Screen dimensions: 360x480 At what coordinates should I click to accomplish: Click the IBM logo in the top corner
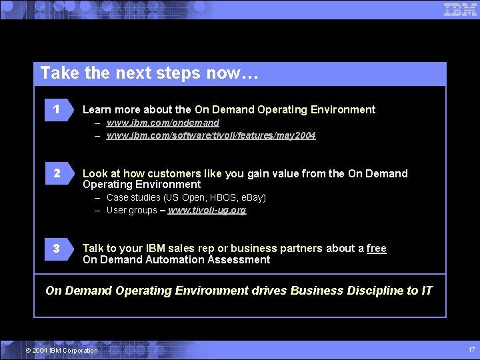pos(460,9)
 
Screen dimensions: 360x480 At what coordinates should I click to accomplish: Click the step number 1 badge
pos(57,109)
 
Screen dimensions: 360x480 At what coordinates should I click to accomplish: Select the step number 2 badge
pos(57,173)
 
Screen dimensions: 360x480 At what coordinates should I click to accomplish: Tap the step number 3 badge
pos(57,248)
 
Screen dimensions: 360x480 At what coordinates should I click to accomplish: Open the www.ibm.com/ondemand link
pos(163,123)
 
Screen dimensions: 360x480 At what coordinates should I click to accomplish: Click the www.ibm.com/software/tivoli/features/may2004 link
pos(211,135)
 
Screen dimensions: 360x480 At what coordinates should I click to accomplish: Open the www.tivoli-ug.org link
pos(207,210)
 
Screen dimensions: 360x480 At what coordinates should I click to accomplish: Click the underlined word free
pos(376,248)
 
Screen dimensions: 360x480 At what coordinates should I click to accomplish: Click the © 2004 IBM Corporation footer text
pos(61,351)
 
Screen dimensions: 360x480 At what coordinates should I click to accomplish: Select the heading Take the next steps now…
pos(149,73)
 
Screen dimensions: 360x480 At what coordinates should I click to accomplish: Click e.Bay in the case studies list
pos(251,197)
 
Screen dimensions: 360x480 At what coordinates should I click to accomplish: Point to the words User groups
pos(131,210)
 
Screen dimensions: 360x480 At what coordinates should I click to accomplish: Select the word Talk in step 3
pos(93,248)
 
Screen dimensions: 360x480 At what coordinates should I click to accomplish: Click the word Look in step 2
pos(95,173)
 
